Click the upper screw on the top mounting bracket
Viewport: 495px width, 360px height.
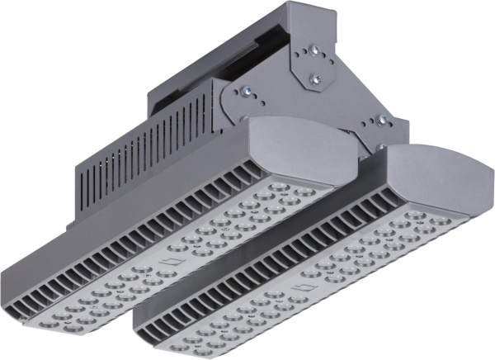point(313,50)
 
